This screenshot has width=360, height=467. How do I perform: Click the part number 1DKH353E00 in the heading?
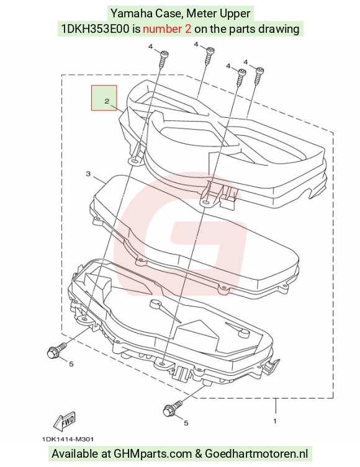pyautogui.click(x=96, y=29)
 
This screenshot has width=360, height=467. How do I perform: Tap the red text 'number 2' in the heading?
pyautogui.click(x=167, y=29)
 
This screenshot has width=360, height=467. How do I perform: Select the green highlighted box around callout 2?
pyautogui.click(x=104, y=98)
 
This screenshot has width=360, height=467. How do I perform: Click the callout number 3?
pyautogui.click(x=88, y=173)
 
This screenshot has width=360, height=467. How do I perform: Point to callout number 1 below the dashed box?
pyautogui.click(x=275, y=421)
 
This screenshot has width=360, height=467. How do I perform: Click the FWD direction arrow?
pyautogui.click(x=65, y=420)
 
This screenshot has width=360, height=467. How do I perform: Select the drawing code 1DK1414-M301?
pyautogui.click(x=68, y=439)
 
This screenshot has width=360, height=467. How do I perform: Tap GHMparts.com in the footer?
pyautogui.click(x=153, y=454)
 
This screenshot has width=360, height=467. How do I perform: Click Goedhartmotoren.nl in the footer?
pyautogui.click(x=256, y=453)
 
